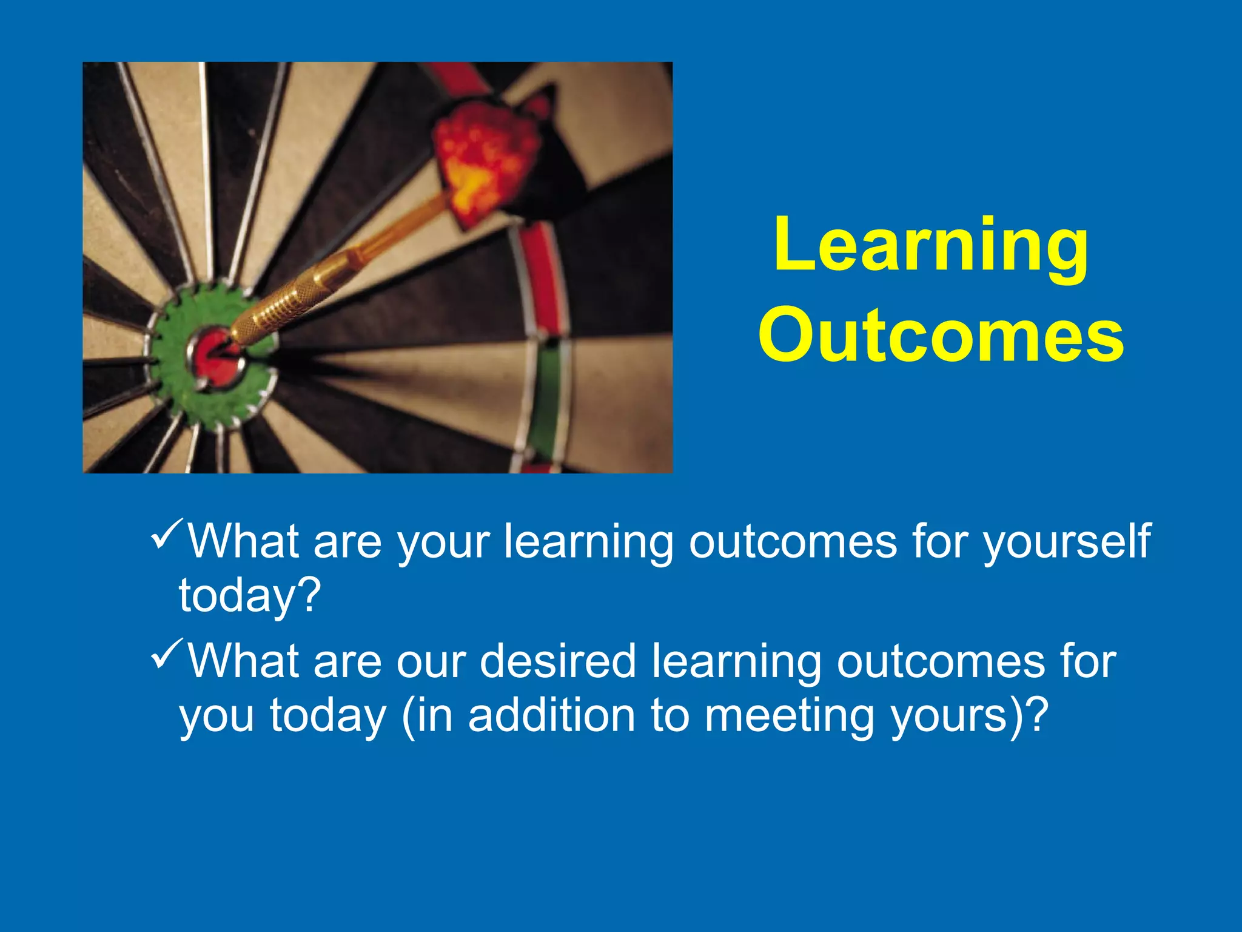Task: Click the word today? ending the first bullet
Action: tap(249, 596)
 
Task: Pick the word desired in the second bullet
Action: tap(557, 661)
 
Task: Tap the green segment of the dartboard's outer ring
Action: tap(549, 400)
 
